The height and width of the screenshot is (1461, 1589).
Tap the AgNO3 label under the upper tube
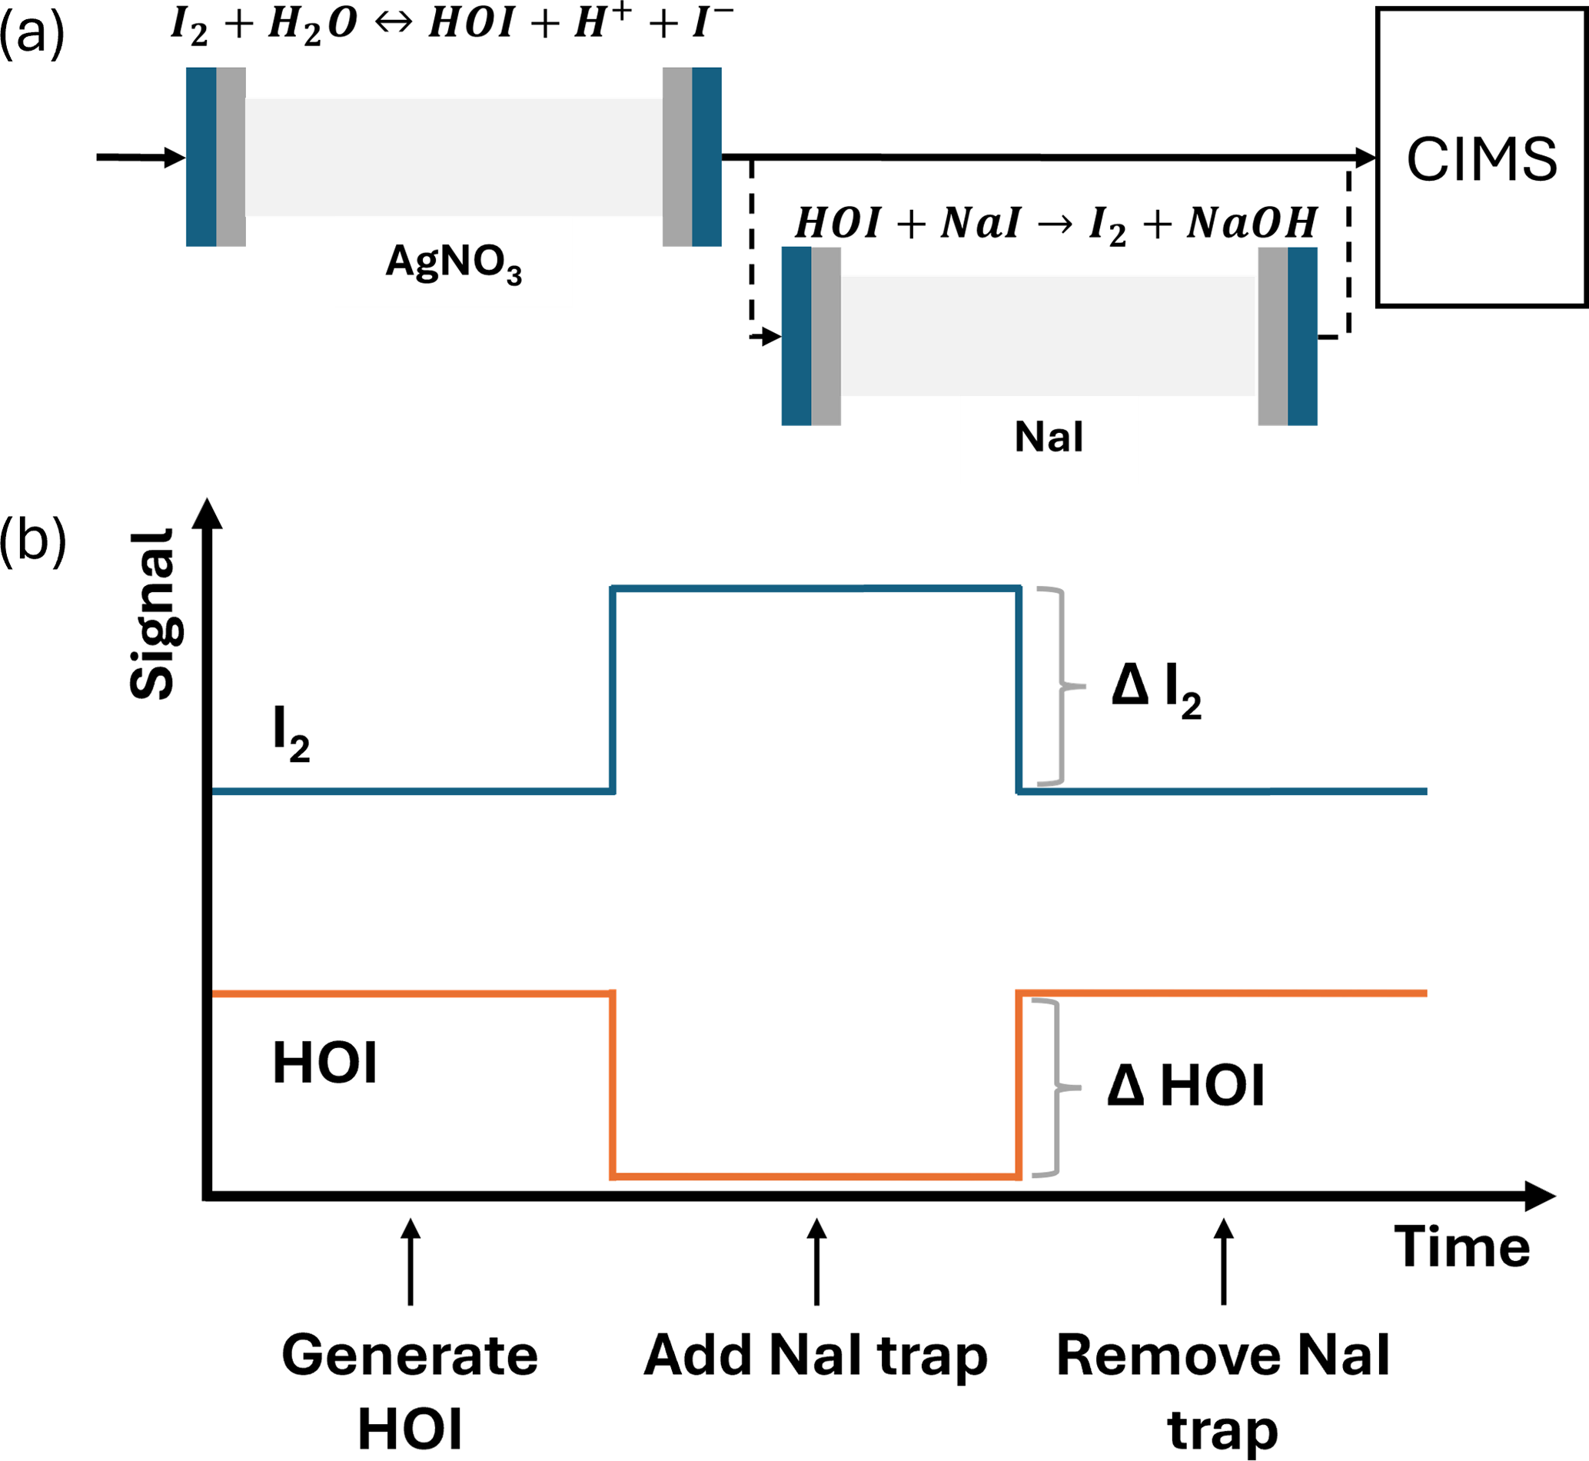click(453, 262)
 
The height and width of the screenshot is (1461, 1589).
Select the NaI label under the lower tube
click(1049, 437)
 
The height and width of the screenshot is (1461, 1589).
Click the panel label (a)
click(32, 33)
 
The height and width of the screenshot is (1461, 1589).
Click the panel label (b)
click(32, 540)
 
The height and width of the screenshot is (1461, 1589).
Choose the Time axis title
click(1461, 1247)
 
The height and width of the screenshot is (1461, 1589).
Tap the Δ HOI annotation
click(1186, 1085)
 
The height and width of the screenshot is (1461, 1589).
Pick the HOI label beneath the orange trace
click(324, 1063)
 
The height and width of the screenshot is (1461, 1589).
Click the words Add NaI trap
click(816, 1355)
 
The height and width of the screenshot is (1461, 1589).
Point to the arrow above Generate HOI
click(411, 1260)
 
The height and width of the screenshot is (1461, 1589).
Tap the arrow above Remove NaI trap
click(1224, 1260)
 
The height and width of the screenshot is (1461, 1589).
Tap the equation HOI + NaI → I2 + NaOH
click(1055, 224)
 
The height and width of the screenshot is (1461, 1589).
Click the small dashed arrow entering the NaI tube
click(765, 338)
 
